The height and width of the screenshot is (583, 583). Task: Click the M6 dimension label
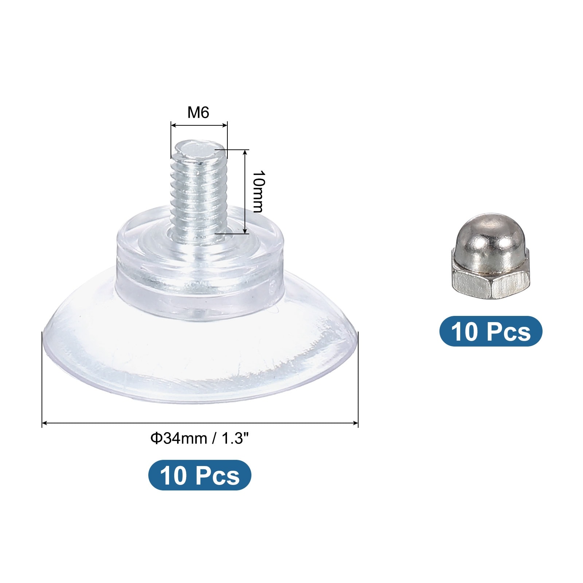[x=198, y=113]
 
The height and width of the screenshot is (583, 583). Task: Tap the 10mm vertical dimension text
[x=258, y=191]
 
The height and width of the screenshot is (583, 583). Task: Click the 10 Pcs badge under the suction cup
[x=200, y=475]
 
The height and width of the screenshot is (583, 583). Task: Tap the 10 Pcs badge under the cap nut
[x=491, y=331]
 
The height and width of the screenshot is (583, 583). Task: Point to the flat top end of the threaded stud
[x=199, y=149]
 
